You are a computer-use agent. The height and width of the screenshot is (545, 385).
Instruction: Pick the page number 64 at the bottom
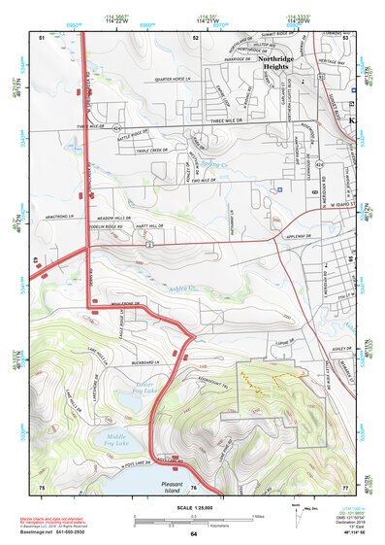coord(194,534)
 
